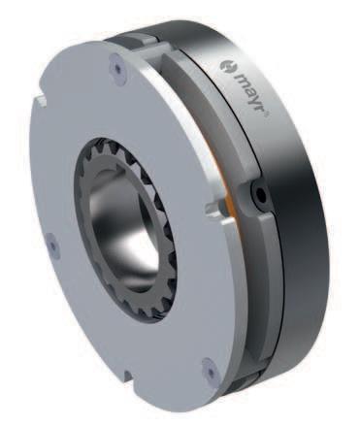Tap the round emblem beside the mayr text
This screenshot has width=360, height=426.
224,66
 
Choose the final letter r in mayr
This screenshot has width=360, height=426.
259,109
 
